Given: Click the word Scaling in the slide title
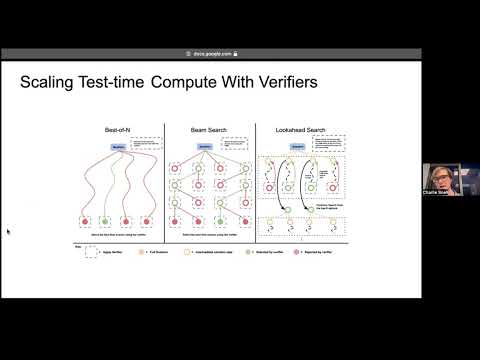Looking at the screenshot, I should point(47,83).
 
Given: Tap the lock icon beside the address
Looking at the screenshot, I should point(236,54).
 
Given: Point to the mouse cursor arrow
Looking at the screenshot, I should point(8,232).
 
